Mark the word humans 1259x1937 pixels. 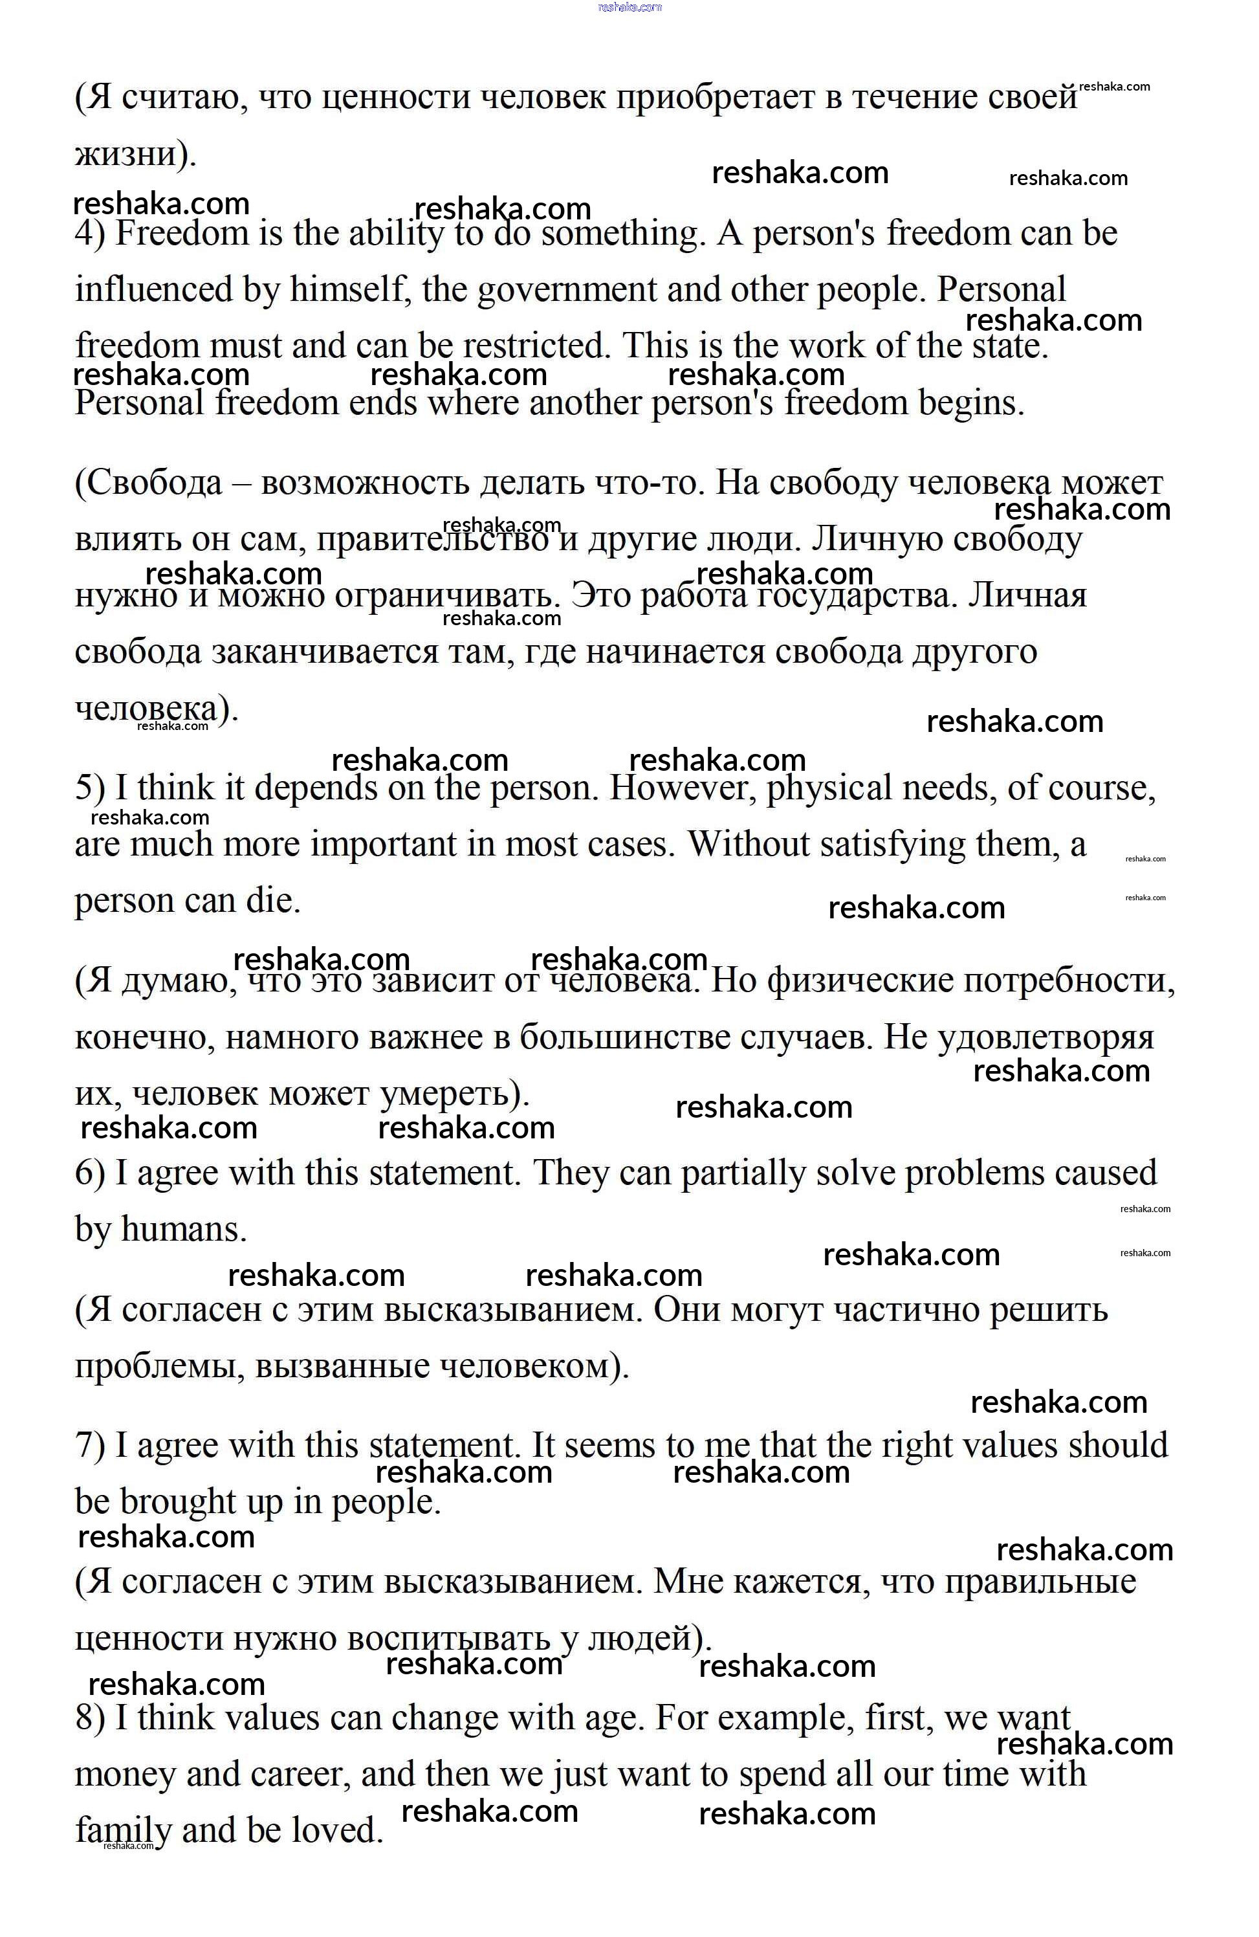(x=183, y=1229)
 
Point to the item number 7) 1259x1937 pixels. (x=89, y=1445)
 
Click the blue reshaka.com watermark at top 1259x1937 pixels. (x=629, y=7)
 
